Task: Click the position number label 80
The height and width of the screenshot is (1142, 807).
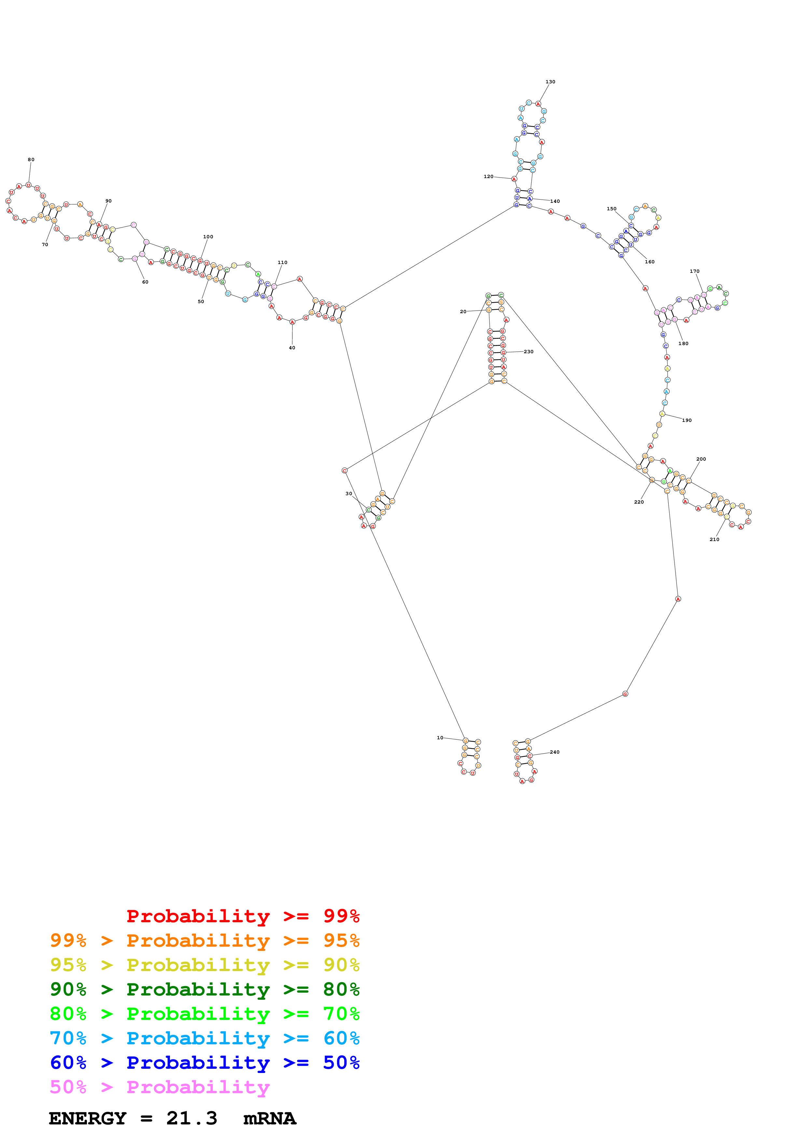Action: coord(31,160)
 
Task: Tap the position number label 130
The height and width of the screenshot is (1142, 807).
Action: coord(550,82)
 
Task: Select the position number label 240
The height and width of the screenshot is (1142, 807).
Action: coord(554,752)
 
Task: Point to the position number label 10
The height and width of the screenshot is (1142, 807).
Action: coord(439,738)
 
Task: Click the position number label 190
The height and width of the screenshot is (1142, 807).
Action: coord(687,420)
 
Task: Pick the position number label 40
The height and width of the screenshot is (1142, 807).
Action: coord(292,348)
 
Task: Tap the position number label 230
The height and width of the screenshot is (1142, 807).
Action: coord(529,352)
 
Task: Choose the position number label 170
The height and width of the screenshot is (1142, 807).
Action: coord(694,271)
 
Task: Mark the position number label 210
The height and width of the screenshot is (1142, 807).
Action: coord(714,539)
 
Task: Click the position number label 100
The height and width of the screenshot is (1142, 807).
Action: coord(208,237)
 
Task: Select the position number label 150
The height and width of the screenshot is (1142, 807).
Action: coord(611,209)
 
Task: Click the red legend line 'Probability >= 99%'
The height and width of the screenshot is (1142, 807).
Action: coord(243,916)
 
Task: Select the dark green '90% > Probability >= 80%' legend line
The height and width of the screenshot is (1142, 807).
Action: coord(204,989)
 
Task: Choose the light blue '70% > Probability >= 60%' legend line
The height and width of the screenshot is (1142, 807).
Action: coord(204,1038)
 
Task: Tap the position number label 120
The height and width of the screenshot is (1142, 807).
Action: coord(488,176)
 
